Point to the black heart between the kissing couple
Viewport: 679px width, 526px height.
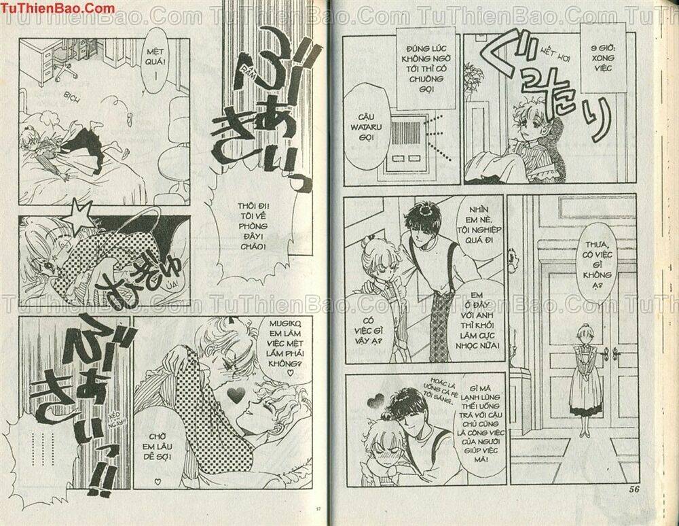coord(234,393)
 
